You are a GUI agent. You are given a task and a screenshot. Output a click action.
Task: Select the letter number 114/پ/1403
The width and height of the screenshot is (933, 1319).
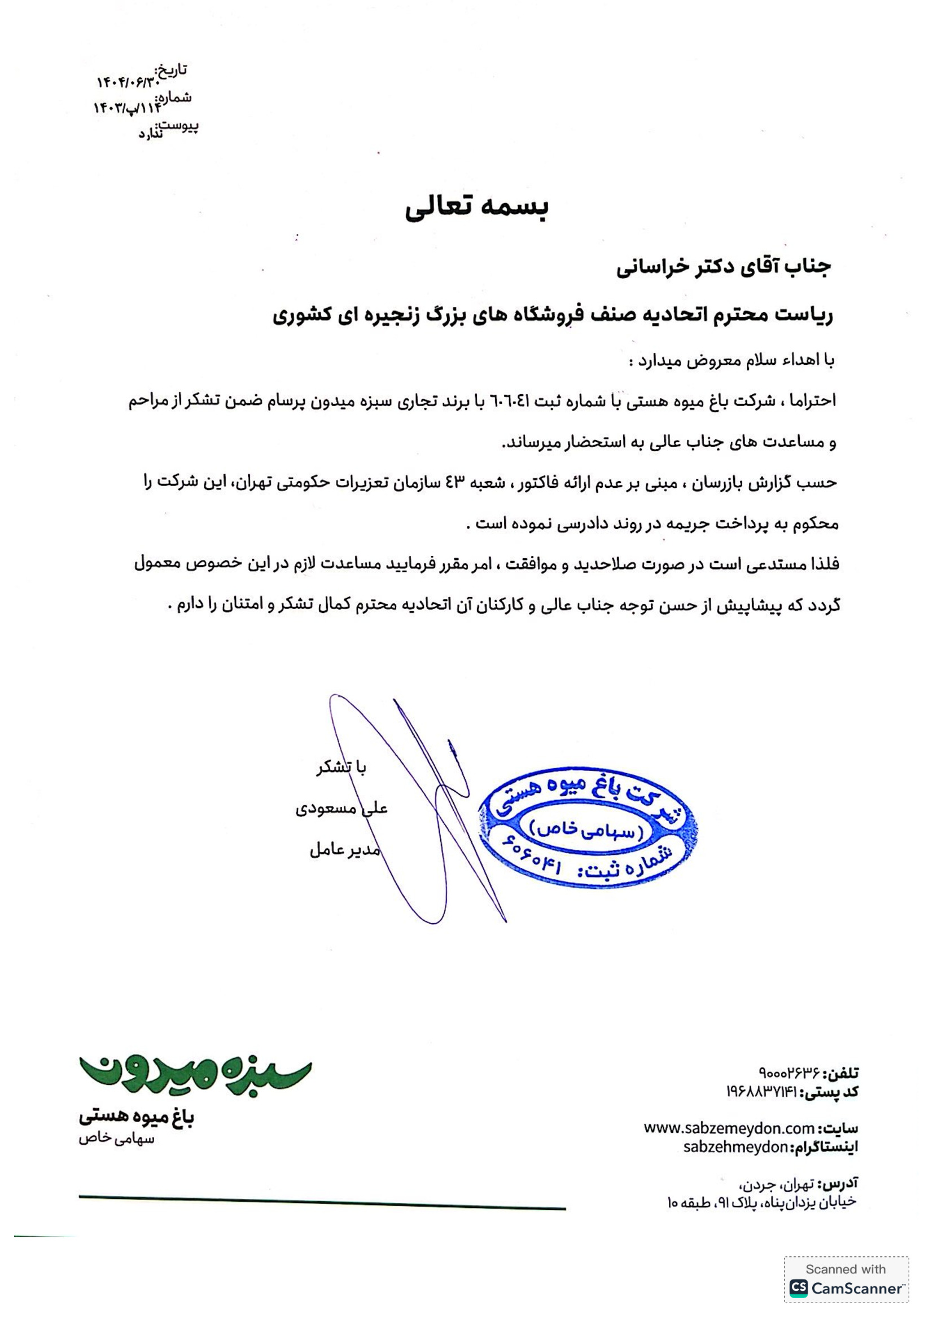point(127,108)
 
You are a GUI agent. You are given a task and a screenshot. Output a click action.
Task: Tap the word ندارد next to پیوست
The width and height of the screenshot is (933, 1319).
point(150,134)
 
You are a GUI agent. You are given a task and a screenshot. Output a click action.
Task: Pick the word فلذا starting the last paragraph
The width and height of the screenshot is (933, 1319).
point(821,564)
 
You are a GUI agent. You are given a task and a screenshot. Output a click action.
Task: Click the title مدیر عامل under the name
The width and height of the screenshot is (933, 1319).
point(344,850)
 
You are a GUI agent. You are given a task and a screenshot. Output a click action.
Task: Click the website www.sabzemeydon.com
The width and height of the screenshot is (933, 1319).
point(728,1128)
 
